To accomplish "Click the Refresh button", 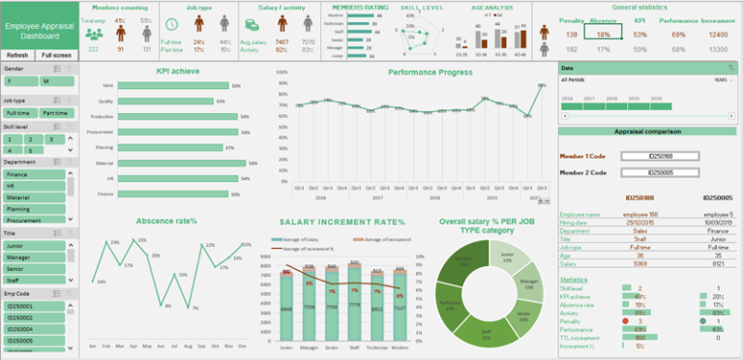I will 17,55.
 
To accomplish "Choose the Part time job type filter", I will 54,113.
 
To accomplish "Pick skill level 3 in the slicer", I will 38,139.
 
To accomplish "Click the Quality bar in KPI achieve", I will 165,101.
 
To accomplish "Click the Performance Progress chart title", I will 431,72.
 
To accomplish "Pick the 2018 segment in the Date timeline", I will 606,99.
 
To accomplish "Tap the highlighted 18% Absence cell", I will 604,34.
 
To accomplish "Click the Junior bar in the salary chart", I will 287,308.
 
